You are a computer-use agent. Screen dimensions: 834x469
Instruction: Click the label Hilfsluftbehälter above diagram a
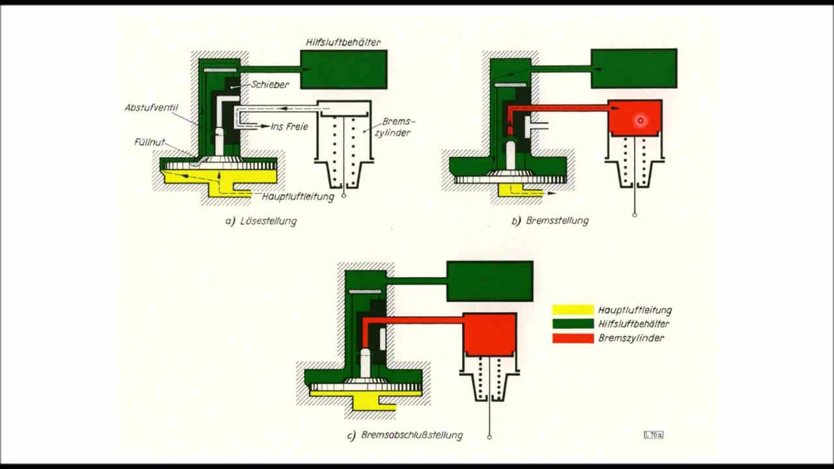(343, 42)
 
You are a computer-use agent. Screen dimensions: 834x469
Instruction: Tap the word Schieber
(270, 85)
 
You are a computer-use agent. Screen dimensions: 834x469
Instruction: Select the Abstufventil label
(151, 108)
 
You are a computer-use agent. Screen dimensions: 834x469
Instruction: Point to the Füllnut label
(149, 142)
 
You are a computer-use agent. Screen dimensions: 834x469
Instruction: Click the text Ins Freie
(289, 126)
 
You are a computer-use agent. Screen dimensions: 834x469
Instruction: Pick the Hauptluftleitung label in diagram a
(298, 197)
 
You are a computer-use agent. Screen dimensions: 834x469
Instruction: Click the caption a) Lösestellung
(261, 221)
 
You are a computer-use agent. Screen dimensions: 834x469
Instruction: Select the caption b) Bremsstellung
(550, 221)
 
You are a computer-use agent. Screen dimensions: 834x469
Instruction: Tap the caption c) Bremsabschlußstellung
(405, 435)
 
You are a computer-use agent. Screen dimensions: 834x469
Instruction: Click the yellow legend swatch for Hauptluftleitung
(573, 309)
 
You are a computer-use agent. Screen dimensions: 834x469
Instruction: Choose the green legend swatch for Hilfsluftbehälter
(573, 324)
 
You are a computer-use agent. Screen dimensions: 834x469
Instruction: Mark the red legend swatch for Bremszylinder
(573, 338)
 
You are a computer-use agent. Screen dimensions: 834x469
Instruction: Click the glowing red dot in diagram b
(640, 121)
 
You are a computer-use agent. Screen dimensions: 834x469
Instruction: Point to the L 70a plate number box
(654, 434)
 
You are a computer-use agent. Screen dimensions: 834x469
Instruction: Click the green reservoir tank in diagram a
(343, 70)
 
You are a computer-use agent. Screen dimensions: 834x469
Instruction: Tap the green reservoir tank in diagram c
(490, 281)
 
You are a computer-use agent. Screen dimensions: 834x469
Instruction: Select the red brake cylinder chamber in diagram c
(490, 335)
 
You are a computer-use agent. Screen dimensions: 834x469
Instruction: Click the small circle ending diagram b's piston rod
(635, 215)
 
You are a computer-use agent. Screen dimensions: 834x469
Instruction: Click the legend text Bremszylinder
(631, 338)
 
